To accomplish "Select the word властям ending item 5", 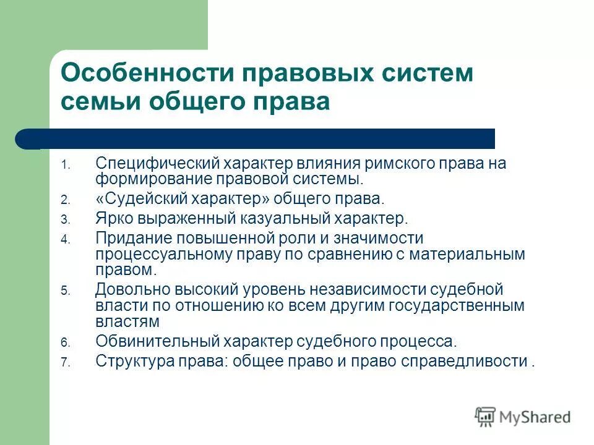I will coord(127,321).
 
